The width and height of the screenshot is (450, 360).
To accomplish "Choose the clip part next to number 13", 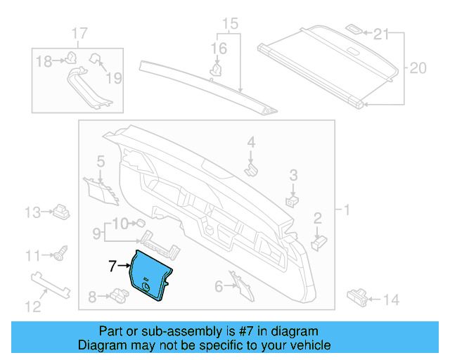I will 61,211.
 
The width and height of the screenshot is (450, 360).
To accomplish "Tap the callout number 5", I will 100,161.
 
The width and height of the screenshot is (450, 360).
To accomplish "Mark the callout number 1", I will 345,209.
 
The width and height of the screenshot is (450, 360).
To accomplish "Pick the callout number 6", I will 219,286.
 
